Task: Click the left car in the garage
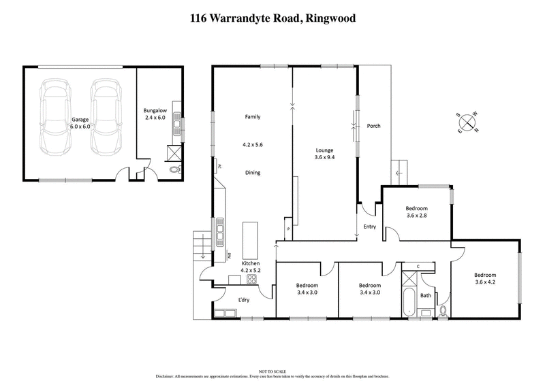point(54,118)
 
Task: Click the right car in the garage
point(104,118)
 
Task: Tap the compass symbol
point(468,122)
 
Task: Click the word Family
point(253,117)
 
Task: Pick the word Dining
point(253,173)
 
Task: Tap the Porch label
point(373,126)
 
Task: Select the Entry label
point(370,227)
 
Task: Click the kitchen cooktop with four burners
point(251,279)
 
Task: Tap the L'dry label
point(243,300)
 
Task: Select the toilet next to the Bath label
point(443,311)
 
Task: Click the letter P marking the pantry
point(288,229)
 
